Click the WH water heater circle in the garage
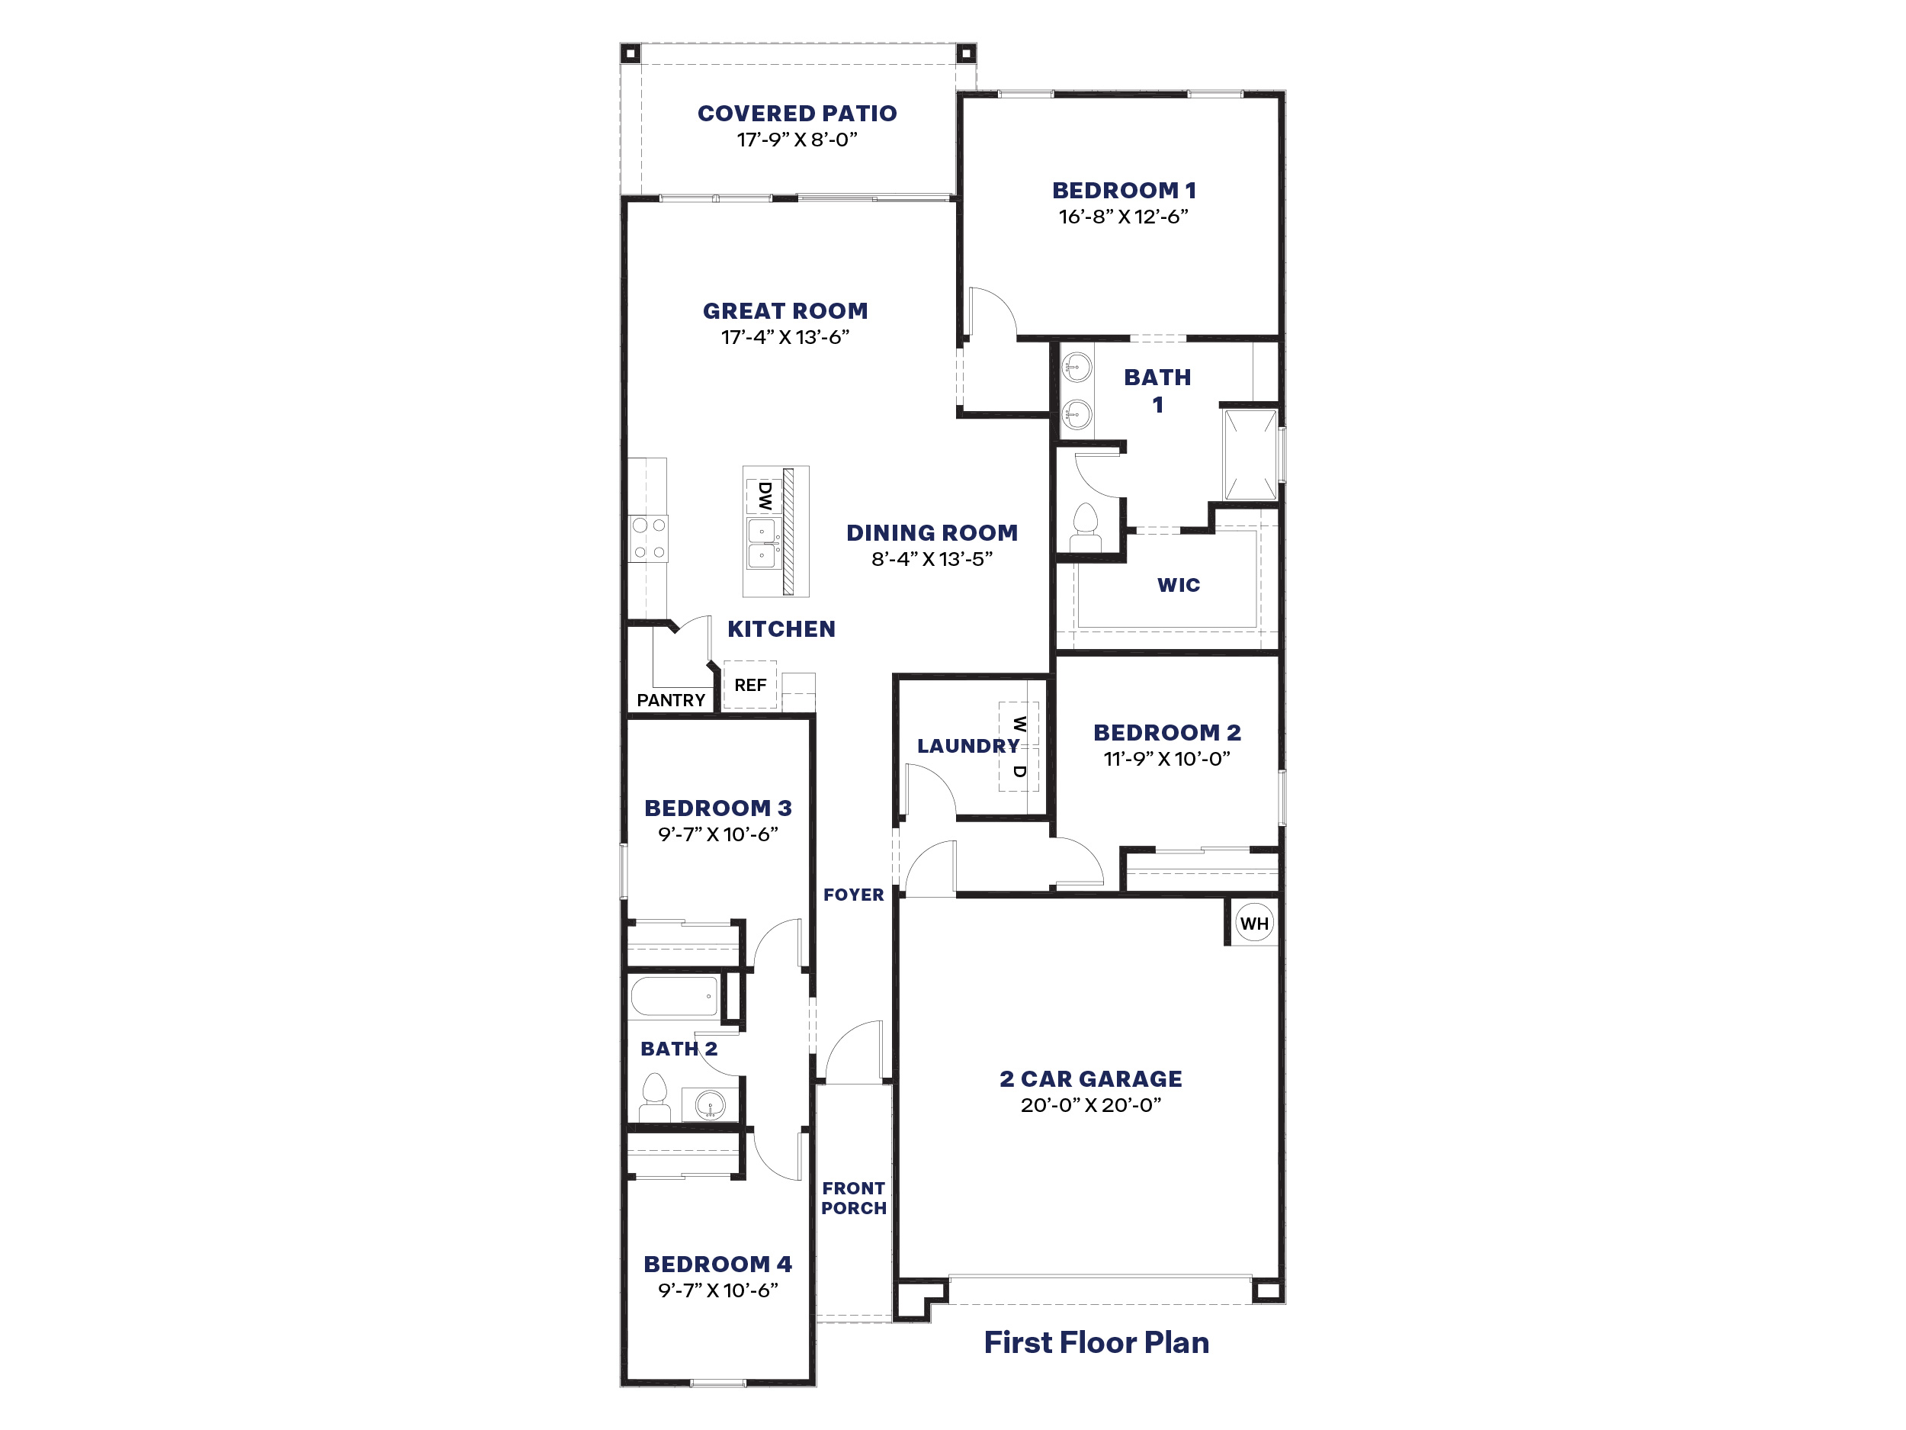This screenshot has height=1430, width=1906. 1253,923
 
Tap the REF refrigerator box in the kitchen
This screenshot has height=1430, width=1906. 749,684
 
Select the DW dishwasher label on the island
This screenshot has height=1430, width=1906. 764,496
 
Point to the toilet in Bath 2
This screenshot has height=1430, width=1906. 655,1097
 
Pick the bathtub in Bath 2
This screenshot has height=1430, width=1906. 675,997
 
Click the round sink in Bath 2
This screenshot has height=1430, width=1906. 710,1104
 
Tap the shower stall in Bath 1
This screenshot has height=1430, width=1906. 1250,455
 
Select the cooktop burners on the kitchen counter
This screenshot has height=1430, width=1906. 648,538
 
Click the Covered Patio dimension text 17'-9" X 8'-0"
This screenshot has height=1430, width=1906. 797,140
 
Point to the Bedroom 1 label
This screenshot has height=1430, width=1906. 1124,191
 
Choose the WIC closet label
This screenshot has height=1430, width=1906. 1178,584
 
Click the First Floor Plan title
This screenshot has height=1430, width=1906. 1096,1342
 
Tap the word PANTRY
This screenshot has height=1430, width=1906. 670,700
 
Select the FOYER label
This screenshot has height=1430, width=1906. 853,895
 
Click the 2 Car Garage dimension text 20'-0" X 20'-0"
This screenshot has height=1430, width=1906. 1091,1105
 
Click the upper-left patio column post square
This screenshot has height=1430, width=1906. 630,53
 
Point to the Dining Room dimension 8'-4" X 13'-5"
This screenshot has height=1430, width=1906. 932,558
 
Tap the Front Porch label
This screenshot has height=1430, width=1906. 853,1198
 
